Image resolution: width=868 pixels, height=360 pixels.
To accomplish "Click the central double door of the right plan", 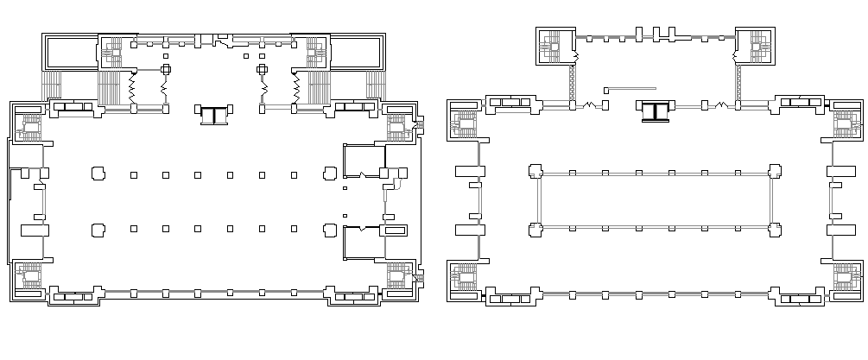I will click(656, 111).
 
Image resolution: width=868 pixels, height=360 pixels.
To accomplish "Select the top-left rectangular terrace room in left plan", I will click(72, 54).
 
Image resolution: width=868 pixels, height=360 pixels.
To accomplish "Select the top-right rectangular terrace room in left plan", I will click(357, 54).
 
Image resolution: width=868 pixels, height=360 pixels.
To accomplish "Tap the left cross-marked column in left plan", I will click(167, 69).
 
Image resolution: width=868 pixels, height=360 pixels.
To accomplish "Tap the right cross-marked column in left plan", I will click(262, 69).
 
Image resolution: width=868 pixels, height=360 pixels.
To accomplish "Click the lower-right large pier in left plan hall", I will click(329, 230).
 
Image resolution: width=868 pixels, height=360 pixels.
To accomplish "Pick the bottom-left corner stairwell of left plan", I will click(31, 278).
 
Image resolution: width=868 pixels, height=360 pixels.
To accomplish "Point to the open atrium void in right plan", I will click(655, 200).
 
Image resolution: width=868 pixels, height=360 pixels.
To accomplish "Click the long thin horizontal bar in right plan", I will click(631, 87).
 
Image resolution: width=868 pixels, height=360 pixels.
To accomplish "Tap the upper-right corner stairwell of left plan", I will click(398, 128).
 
